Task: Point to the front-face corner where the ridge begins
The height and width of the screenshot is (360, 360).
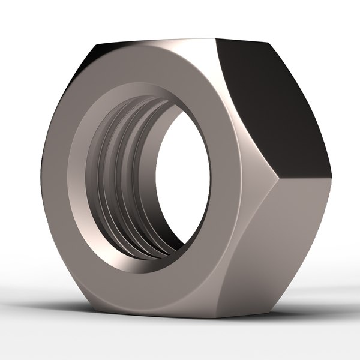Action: click(x=273, y=174)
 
